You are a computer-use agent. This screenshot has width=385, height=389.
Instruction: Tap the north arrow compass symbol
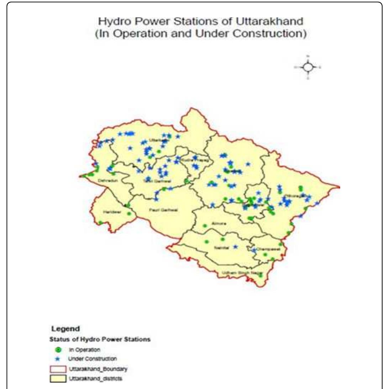point(308,66)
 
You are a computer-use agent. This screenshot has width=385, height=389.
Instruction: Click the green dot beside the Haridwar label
point(129,214)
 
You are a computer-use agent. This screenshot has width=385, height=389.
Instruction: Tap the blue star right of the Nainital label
point(235,246)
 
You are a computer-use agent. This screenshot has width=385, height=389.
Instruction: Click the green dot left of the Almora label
point(205,225)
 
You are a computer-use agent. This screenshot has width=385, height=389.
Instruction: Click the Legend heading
point(65,329)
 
